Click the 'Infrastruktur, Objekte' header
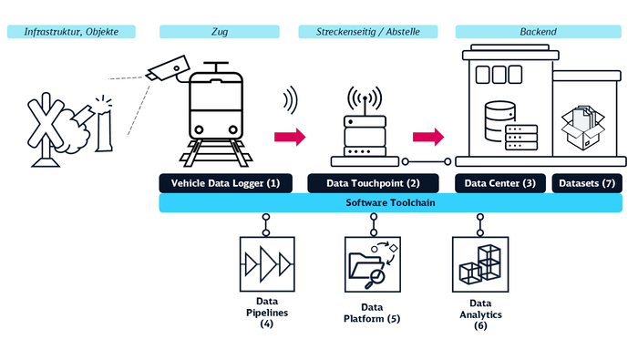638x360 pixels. click(71, 32)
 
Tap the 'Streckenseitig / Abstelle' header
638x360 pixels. click(368, 32)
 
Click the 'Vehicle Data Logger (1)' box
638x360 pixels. click(225, 183)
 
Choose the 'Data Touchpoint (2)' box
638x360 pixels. click(372, 183)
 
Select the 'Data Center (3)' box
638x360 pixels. click(500, 183)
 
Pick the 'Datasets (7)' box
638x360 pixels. click(588, 183)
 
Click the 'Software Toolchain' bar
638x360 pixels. click(390, 203)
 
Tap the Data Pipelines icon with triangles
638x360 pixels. click(267, 263)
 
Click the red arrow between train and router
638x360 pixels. click(289, 137)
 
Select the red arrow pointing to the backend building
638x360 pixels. click(427, 137)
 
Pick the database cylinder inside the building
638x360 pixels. click(497, 116)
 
